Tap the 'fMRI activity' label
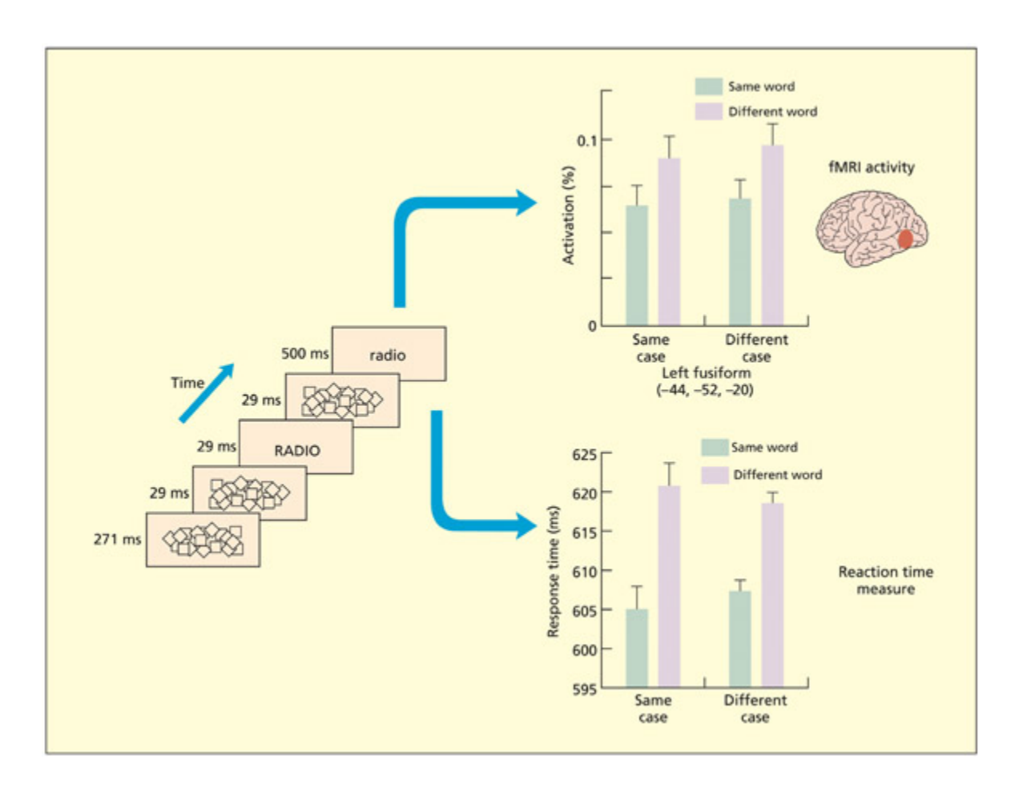871,167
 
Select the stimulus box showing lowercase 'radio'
389,354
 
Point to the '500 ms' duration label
304,353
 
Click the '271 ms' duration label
117,539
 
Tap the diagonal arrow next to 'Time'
207,392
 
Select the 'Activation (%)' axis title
568,215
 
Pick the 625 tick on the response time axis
584,455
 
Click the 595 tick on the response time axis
584,689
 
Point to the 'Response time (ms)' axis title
553,571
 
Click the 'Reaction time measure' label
885,581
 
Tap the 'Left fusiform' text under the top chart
706,373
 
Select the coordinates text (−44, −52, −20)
705,391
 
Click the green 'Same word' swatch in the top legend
708,86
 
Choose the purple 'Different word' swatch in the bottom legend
715,475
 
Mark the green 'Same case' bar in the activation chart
637,265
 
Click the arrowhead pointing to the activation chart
525,203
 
